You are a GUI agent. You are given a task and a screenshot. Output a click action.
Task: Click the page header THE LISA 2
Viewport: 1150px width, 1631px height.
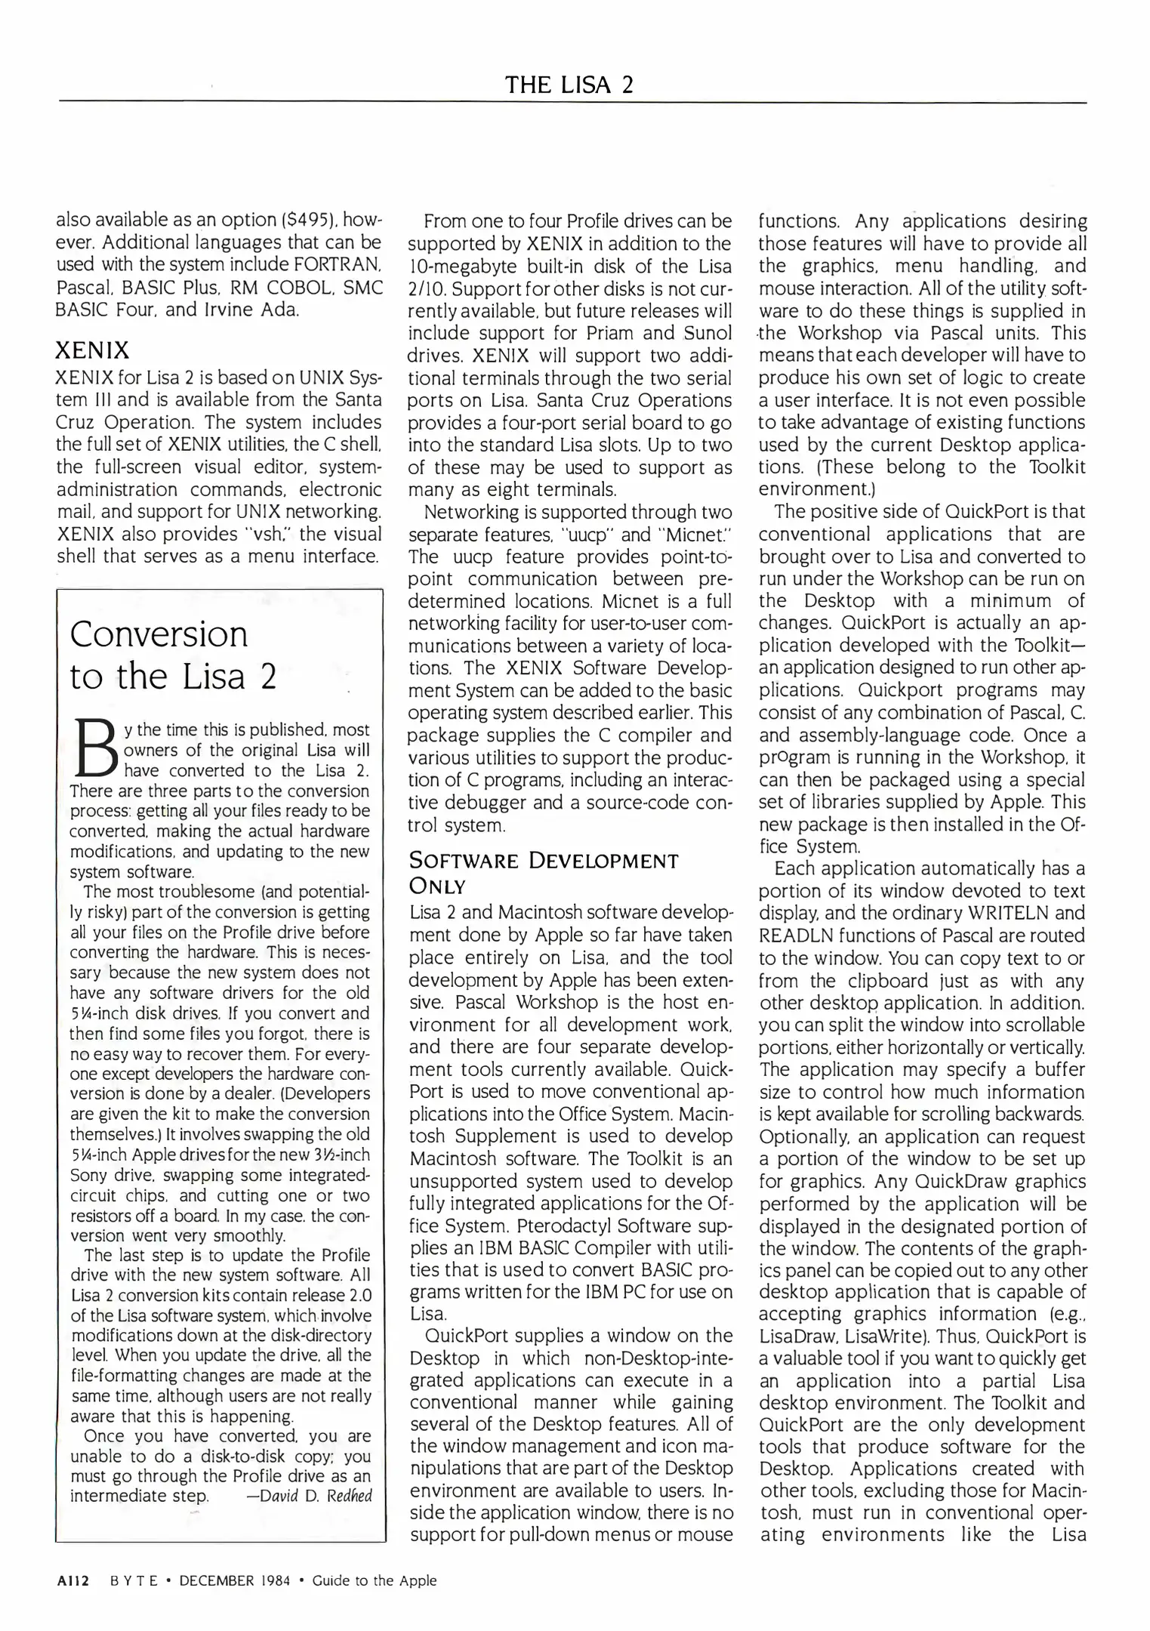pyautogui.click(x=569, y=84)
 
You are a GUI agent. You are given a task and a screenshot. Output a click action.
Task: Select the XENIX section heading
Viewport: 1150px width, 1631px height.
pyautogui.click(x=93, y=350)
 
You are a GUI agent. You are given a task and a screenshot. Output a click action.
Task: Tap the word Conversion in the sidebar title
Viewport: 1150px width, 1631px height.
pyautogui.click(x=159, y=634)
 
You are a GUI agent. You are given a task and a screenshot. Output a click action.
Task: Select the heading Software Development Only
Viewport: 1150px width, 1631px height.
pyautogui.click(x=543, y=873)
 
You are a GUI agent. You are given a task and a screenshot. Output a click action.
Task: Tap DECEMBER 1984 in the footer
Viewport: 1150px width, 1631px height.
pyautogui.click(x=234, y=1580)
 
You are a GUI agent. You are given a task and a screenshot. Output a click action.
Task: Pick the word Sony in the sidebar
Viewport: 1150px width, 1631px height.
pyautogui.click(x=88, y=1176)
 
